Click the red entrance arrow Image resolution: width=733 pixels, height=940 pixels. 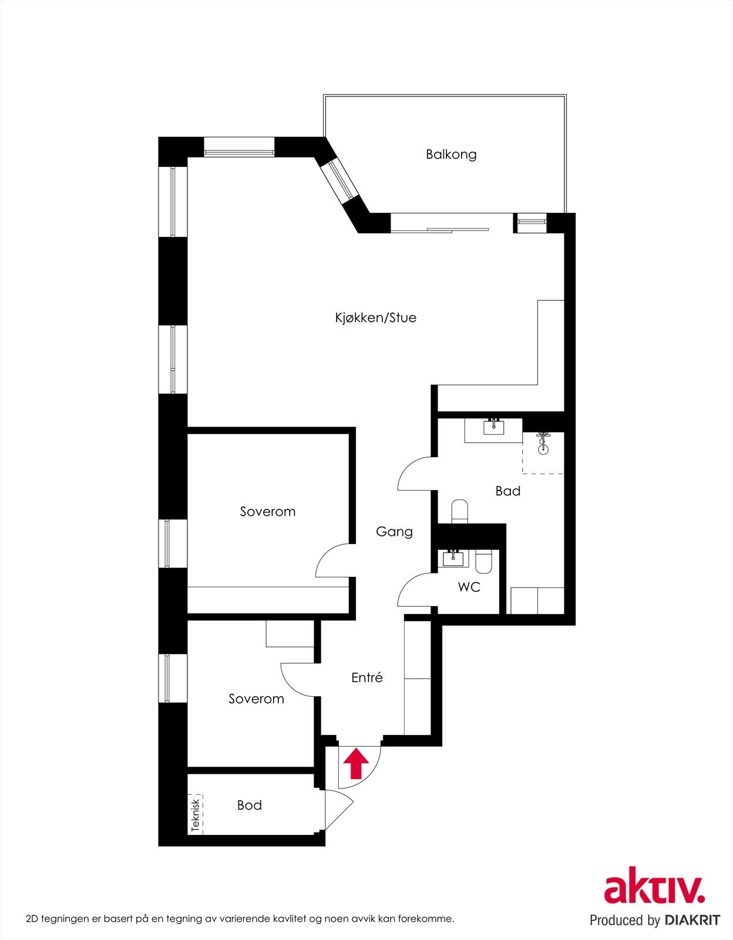pos(356,763)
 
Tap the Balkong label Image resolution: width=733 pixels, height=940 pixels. pos(451,155)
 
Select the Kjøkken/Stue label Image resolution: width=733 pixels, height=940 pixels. pos(375,318)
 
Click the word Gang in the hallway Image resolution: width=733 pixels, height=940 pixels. pos(394,532)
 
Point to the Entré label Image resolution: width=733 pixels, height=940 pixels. pos(367,677)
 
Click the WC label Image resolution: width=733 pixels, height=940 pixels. pos(469,587)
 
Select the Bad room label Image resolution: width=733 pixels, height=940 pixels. pos(507,491)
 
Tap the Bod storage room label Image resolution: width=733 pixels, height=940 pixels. pos(249,805)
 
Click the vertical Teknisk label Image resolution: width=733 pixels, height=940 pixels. pos(196,814)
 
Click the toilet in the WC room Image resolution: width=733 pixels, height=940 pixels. pos(484,562)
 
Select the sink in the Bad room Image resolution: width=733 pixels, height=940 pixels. pos(493,426)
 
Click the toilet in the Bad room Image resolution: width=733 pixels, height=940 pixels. pos(459,511)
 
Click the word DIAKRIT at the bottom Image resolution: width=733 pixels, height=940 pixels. pos(692,920)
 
